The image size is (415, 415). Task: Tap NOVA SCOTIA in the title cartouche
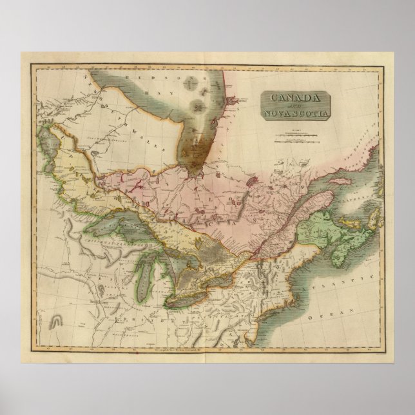pos(296,115)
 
